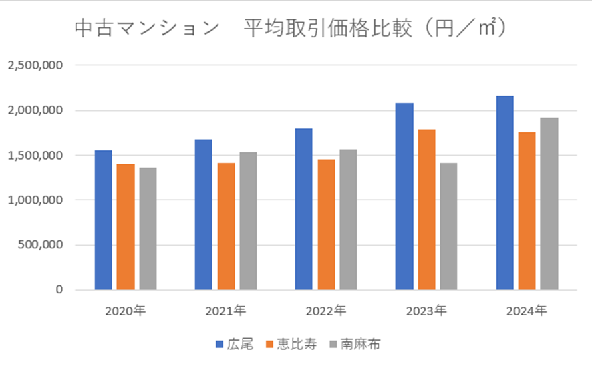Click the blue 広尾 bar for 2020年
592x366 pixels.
(104, 220)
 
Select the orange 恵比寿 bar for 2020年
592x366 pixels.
(126, 226)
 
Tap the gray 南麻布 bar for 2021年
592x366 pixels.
(248, 220)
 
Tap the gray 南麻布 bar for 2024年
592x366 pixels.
(549, 203)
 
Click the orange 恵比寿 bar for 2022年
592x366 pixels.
(326, 224)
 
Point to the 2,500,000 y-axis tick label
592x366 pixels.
(35, 65)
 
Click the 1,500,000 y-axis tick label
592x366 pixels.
(35, 155)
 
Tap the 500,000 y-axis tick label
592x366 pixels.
(40, 244)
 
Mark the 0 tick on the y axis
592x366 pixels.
(59, 289)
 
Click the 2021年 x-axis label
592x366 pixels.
(225, 311)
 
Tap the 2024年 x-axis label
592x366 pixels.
(527, 311)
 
